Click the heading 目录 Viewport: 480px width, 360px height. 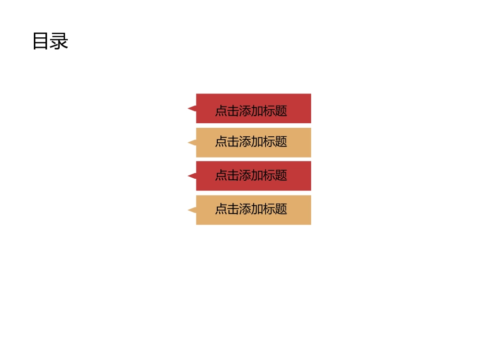(50, 41)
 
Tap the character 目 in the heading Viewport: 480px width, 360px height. (41, 41)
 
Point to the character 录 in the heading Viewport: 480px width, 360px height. (59, 41)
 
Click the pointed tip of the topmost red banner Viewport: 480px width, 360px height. (189, 108)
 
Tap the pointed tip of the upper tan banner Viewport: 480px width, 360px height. (189, 142)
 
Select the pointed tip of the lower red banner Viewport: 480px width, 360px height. (189, 176)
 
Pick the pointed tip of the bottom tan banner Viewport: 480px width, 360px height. (189, 210)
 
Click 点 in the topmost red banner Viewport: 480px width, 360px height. (221, 111)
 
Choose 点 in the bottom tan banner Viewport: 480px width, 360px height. (221, 209)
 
